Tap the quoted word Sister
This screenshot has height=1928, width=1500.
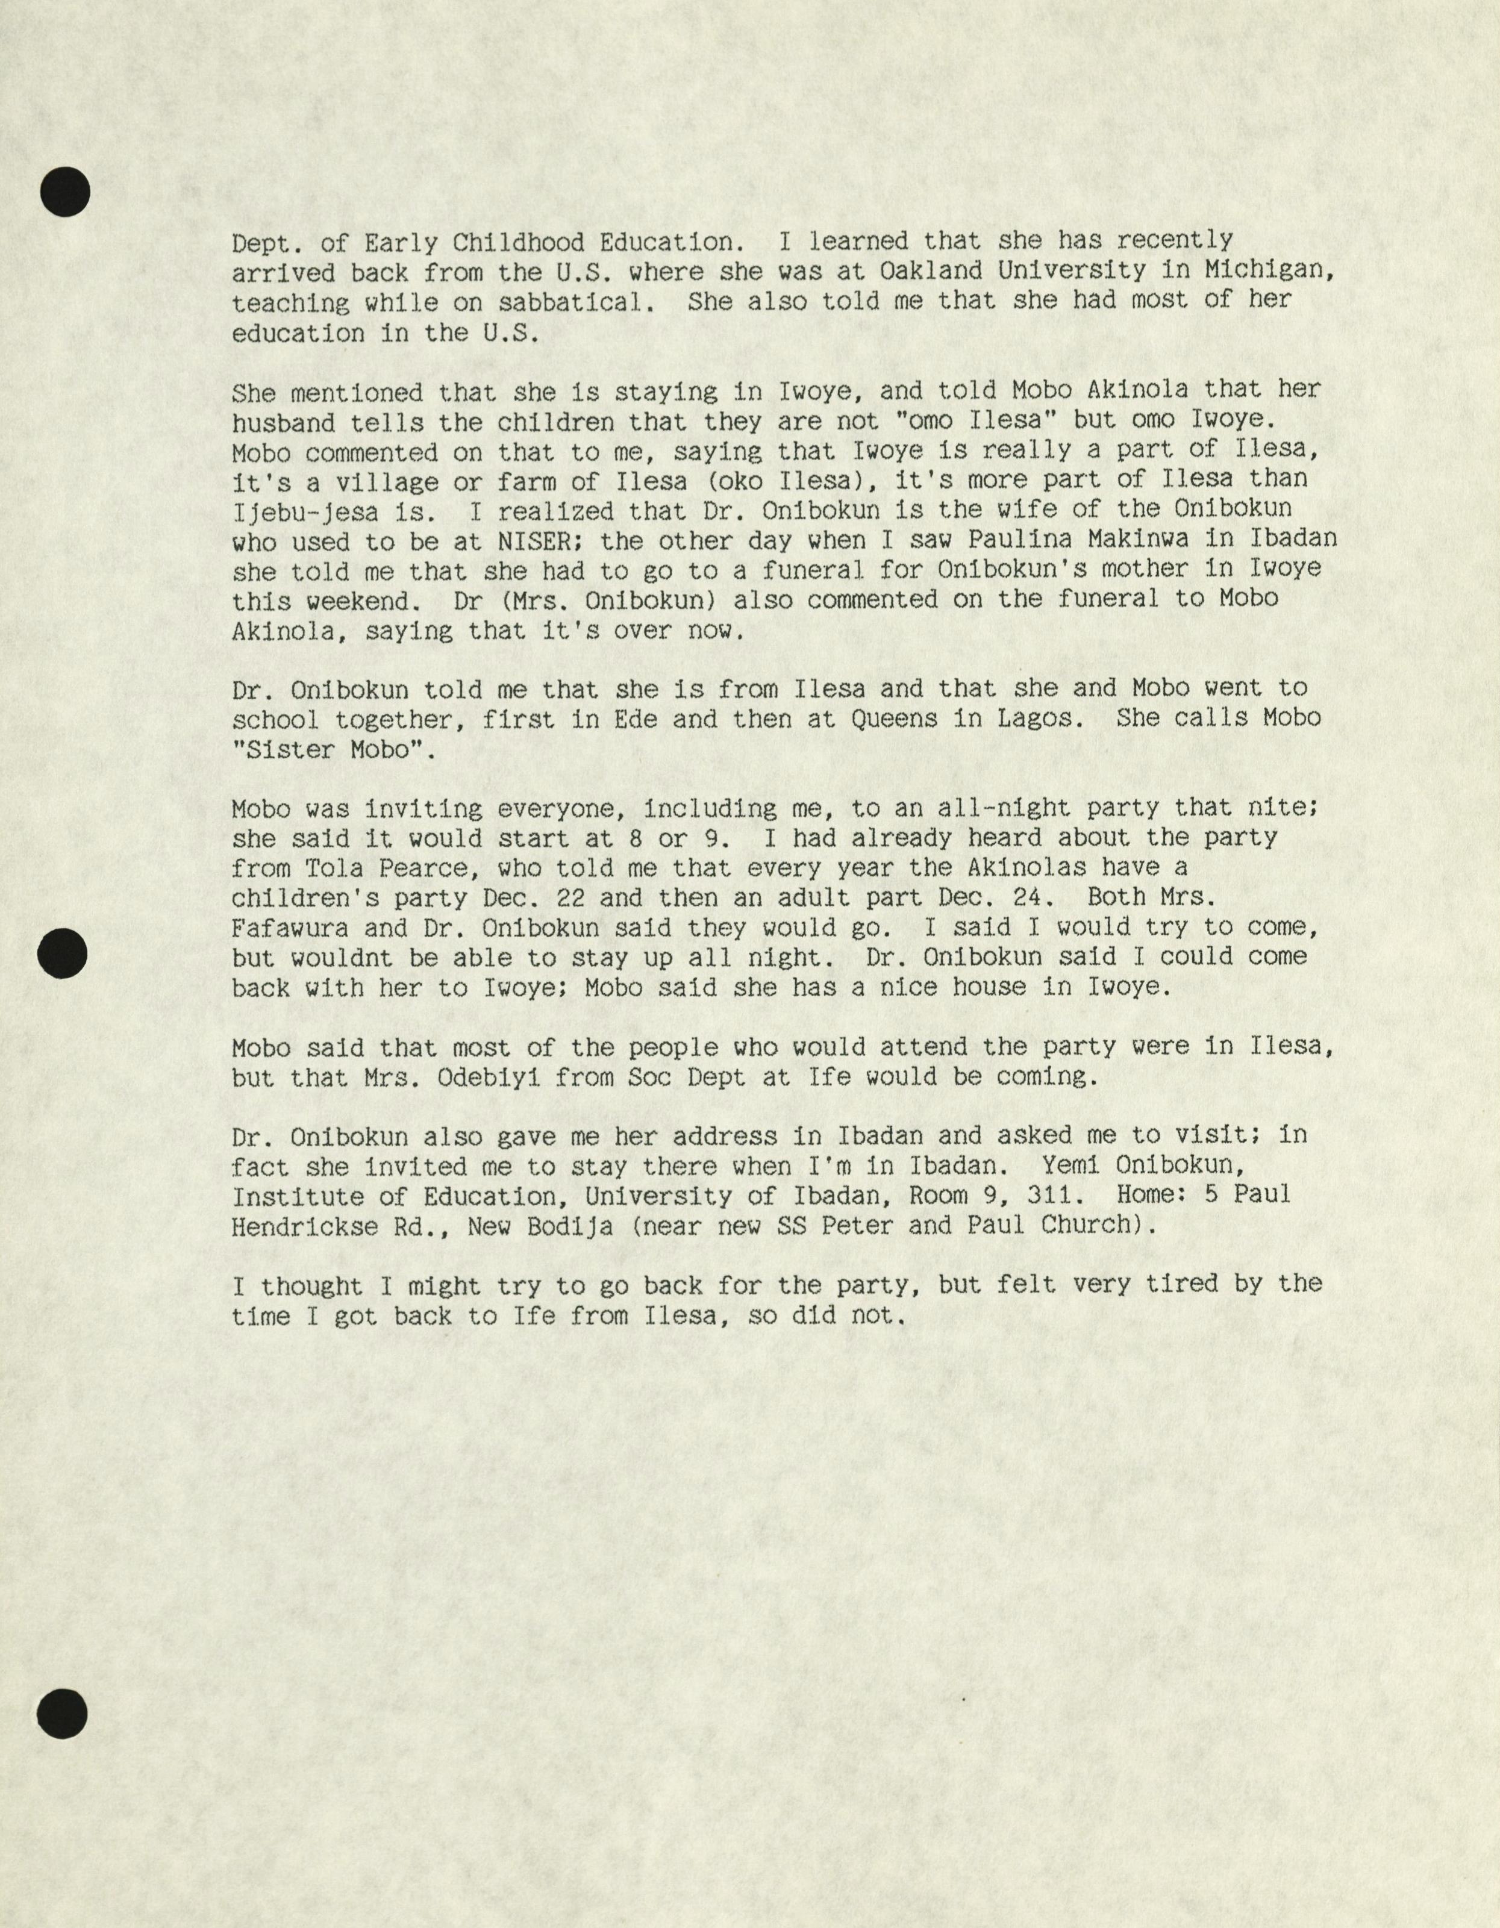click(x=285, y=749)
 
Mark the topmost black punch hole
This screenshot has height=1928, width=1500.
click(x=64, y=191)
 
